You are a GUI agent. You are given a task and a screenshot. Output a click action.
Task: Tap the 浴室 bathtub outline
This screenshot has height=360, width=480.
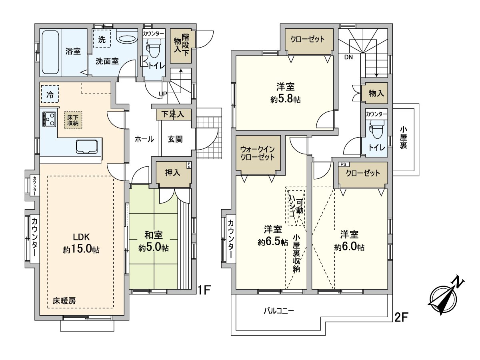point(50,52)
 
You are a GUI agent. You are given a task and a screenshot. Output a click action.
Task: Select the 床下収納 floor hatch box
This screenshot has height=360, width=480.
point(72,120)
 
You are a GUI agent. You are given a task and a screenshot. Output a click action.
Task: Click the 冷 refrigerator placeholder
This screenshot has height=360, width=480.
point(50,95)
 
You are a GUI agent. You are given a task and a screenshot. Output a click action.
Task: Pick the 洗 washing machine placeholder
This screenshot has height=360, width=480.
point(102,39)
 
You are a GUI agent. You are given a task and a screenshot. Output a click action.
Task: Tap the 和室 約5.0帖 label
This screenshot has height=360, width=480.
point(154,241)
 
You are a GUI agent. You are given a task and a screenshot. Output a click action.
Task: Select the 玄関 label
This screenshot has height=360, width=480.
point(175,139)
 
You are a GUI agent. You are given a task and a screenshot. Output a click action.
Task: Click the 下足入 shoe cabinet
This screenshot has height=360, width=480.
point(173,114)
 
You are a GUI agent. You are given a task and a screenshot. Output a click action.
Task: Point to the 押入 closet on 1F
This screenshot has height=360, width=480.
point(173,173)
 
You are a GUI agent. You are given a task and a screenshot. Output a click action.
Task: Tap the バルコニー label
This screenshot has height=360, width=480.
point(279,310)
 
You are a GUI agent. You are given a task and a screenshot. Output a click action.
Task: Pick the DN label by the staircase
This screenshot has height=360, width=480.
point(348,57)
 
